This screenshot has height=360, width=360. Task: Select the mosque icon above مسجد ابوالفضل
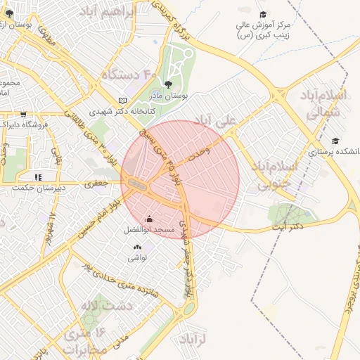pyautogui.click(x=148, y=219)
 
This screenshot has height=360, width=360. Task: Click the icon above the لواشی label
pyautogui.click(x=136, y=247)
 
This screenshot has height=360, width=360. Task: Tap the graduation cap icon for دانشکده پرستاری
pyautogui.click(x=335, y=141)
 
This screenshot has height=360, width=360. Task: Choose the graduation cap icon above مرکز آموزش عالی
pyautogui.click(x=264, y=14)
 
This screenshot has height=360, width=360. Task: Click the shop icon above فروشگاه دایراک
pyautogui.click(x=23, y=114)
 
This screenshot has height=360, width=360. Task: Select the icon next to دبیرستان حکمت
pyautogui.click(x=38, y=177)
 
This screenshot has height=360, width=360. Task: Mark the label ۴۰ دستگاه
pyautogui.click(x=129, y=75)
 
